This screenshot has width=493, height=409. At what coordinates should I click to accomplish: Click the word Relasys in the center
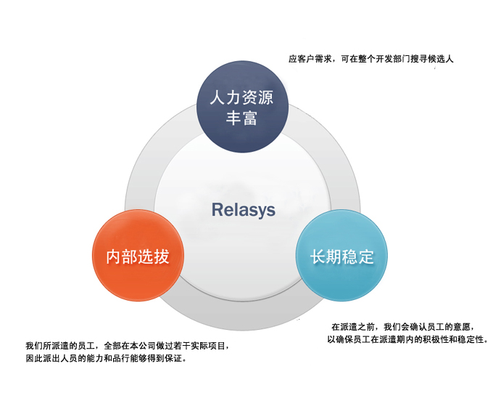pos(244,210)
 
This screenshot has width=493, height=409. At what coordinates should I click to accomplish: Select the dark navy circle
pos(242,107)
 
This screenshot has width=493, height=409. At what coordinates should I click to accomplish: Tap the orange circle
pos(138,256)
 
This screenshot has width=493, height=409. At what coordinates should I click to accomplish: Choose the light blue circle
pos(341,255)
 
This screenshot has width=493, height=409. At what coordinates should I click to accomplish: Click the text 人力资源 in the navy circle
pos(241,97)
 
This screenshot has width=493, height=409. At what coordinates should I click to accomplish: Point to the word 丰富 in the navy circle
pos(241,118)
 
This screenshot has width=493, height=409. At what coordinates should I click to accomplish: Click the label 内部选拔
pos(138,256)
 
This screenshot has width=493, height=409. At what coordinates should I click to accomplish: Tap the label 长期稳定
pos(342,256)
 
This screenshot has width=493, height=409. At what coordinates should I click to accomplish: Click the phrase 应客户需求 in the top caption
pos(310,59)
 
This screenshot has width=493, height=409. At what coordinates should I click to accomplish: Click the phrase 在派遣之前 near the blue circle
pos(353,327)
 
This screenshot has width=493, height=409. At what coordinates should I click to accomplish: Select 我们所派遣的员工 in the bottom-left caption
pos(60,346)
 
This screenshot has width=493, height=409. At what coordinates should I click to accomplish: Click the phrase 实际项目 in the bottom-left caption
pos(209,346)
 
